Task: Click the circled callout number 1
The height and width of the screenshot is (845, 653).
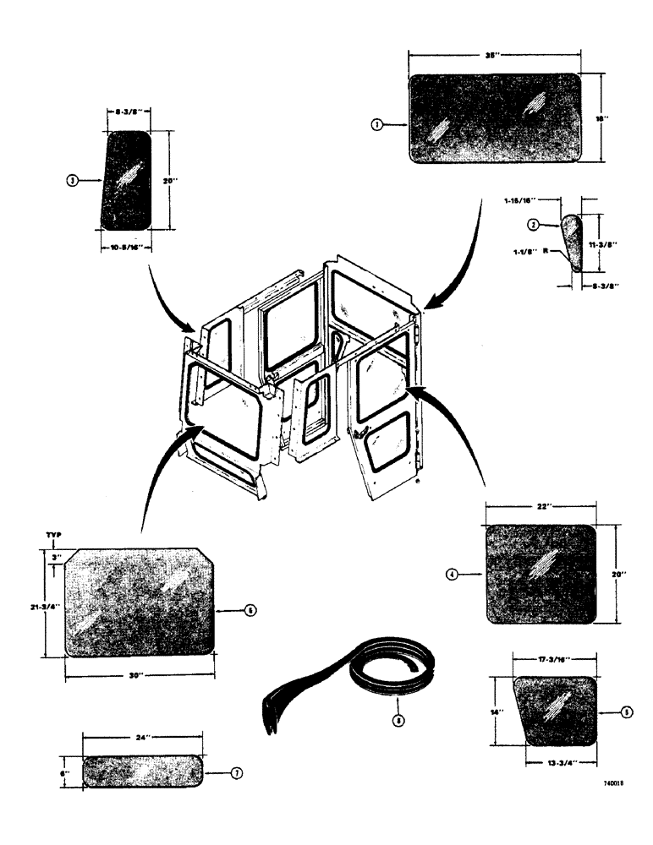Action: coord(377,124)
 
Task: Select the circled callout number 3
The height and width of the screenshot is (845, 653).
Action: coord(74,180)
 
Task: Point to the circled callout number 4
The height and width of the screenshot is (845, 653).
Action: coord(453,575)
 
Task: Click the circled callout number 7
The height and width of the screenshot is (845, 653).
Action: coord(237,772)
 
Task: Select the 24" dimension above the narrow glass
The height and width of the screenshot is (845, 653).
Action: coord(143,738)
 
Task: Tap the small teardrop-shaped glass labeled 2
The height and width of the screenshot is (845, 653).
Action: coord(573,241)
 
